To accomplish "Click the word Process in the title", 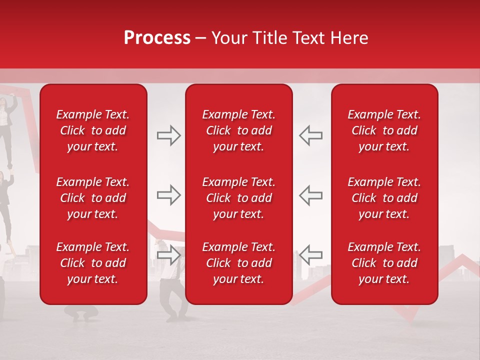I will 157,38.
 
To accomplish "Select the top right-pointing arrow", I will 169,135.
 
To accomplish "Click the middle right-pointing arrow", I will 169,195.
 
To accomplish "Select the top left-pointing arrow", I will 311,135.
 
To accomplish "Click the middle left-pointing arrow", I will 311,195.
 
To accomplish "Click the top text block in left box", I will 93,130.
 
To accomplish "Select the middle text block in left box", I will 93,198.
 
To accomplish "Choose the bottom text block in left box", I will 93,263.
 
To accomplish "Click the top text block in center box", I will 238,130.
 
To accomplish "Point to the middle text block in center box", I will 238,198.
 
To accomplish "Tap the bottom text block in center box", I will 238,263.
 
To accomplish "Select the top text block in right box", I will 384,130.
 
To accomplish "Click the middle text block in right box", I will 384,198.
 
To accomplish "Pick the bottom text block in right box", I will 384,263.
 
